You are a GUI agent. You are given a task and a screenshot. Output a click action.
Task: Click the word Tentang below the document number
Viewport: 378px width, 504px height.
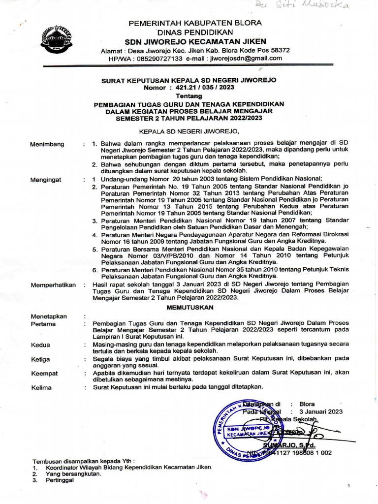pos(189,95)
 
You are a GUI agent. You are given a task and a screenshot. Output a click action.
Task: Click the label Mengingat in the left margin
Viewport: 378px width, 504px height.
pos(46,180)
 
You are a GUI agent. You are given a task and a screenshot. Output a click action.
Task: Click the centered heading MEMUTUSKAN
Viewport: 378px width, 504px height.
pos(189,307)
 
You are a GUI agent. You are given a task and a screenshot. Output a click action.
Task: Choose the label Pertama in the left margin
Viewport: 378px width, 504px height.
pos(43,324)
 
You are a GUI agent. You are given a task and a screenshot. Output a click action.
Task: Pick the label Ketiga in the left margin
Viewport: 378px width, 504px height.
pos(41,359)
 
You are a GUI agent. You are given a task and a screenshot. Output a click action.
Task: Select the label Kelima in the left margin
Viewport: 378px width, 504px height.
pos(41,387)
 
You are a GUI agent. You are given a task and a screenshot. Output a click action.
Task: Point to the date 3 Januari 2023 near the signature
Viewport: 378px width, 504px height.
pos(323,411)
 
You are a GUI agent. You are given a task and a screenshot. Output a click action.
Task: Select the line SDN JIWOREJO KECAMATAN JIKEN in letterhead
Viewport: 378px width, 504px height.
pos(195,41)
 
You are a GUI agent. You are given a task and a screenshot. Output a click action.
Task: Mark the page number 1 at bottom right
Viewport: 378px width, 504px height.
pos(348,486)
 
